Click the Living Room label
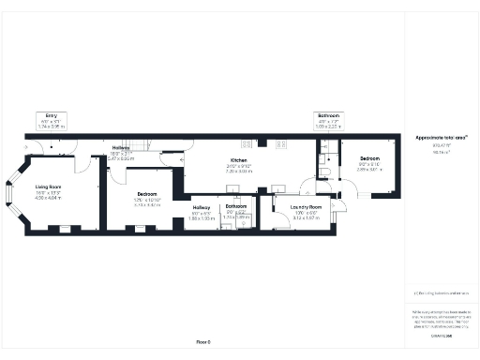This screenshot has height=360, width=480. point(49,187)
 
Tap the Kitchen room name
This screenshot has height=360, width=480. point(239,160)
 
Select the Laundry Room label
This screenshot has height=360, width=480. point(306,206)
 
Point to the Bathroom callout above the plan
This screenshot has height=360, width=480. point(328,115)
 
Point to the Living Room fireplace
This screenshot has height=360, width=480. point(59,229)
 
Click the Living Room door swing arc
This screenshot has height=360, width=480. point(85,161)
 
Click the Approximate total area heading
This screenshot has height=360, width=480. point(442,137)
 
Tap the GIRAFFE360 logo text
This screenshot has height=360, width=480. point(442,335)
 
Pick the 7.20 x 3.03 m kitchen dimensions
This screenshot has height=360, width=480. point(239,172)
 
